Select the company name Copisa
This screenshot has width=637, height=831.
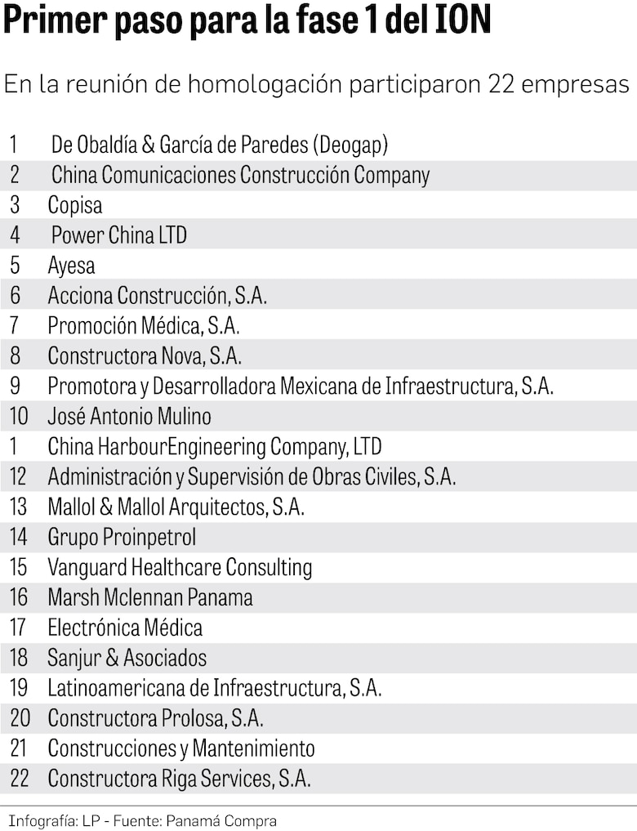(x=75, y=205)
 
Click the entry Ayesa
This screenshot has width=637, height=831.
(x=71, y=266)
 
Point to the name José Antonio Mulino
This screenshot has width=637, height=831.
(x=129, y=417)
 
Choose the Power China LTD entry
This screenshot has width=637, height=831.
(x=119, y=235)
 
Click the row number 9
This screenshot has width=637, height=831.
(x=15, y=386)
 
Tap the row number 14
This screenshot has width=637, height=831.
(x=19, y=538)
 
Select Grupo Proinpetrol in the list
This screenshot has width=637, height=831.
(x=122, y=538)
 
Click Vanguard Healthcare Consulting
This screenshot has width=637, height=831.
(x=180, y=568)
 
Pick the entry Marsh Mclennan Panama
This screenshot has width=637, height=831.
(x=150, y=598)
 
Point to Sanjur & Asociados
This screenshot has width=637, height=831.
(x=127, y=659)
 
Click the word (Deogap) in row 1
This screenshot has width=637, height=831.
(x=350, y=145)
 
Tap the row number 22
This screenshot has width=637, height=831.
(x=20, y=779)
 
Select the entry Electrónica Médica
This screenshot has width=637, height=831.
(x=125, y=628)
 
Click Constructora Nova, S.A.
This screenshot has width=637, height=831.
(x=145, y=356)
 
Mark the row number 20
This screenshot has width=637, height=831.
(x=20, y=719)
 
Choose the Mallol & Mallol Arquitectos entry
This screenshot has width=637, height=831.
(x=176, y=507)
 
